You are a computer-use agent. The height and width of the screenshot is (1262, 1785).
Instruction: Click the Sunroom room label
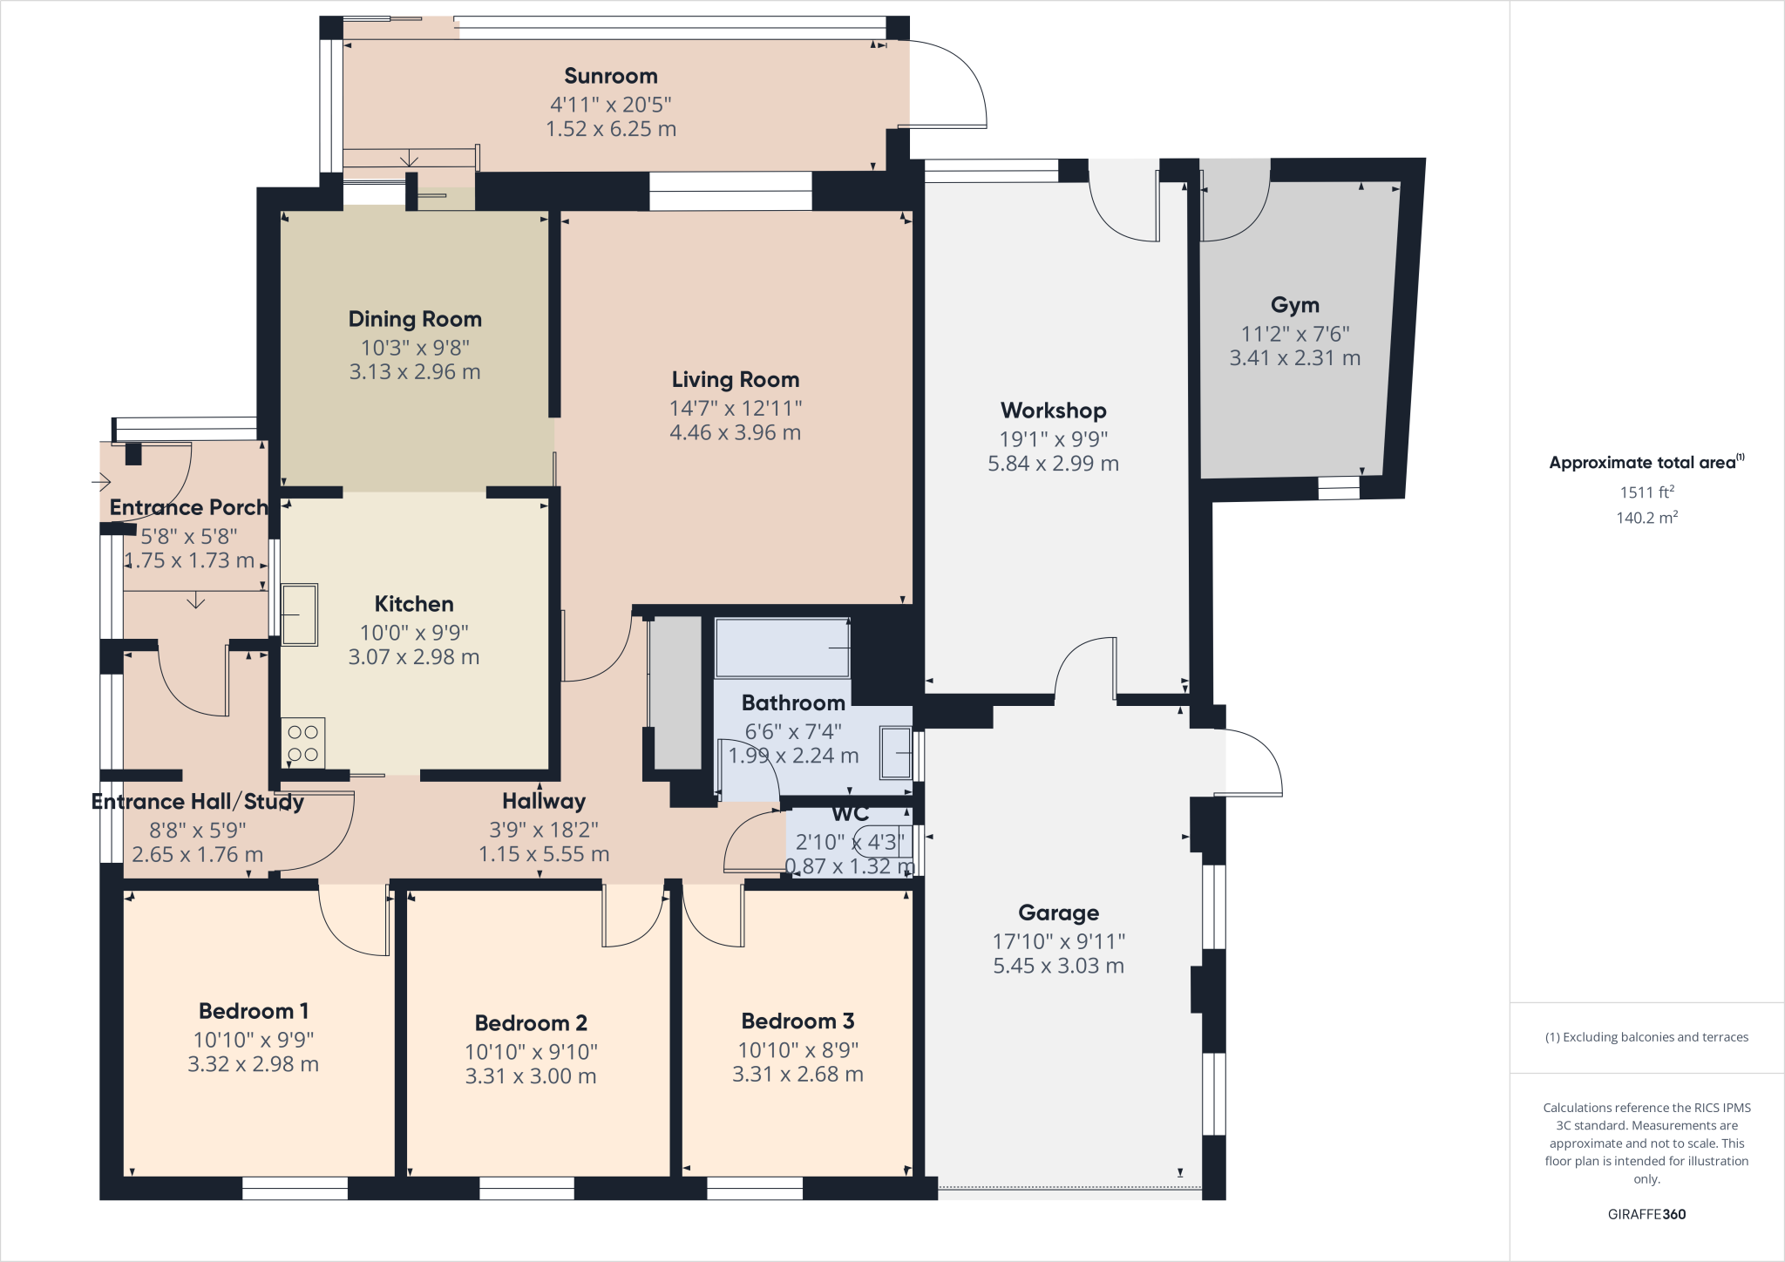pyautogui.click(x=610, y=77)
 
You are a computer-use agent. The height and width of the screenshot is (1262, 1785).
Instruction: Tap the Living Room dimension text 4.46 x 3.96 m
pyautogui.click(x=735, y=433)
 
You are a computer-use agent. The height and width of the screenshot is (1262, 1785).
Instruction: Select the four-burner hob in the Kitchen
pyautogui.click(x=302, y=743)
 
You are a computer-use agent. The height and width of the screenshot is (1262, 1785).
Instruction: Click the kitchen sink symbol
pyautogui.click(x=299, y=614)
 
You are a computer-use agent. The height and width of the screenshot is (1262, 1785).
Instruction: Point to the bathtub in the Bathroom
pyautogui.click(x=782, y=648)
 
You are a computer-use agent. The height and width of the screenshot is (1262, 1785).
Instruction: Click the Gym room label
pyautogui.click(x=1294, y=306)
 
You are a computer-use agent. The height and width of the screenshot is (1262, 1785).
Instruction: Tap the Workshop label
pyautogui.click(x=1053, y=410)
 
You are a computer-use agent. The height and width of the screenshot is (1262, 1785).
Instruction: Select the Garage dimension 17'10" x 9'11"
pyautogui.click(x=1058, y=941)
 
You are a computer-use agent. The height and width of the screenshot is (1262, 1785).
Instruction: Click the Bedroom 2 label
pyautogui.click(x=530, y=1023)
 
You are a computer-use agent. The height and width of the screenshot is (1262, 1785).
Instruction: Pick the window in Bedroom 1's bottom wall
pyautogui.click(x=295, y=1188)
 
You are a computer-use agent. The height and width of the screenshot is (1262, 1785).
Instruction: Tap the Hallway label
pyautogui.click(x=544, y=801)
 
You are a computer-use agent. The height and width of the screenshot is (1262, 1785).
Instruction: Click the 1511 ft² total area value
pyautogui.click(x=1646, y=492)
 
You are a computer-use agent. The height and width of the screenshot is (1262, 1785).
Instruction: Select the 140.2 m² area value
pyautogui.click(x=1646, y=518)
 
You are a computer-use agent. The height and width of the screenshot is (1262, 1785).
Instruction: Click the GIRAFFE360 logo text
pyautogui.click(x=1646, y=1214)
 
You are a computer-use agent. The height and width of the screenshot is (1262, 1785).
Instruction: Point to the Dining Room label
pyautogui.click(x=415, y=320)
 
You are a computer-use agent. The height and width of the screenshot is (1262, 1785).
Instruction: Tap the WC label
pyautogui.click(x=850, y=814)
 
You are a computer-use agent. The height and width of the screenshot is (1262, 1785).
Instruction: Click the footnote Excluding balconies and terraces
pyautogui.click(x=1646, y=1037)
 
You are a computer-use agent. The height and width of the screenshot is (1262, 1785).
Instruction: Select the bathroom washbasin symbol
pyautogui.click(x=896, y=753)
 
